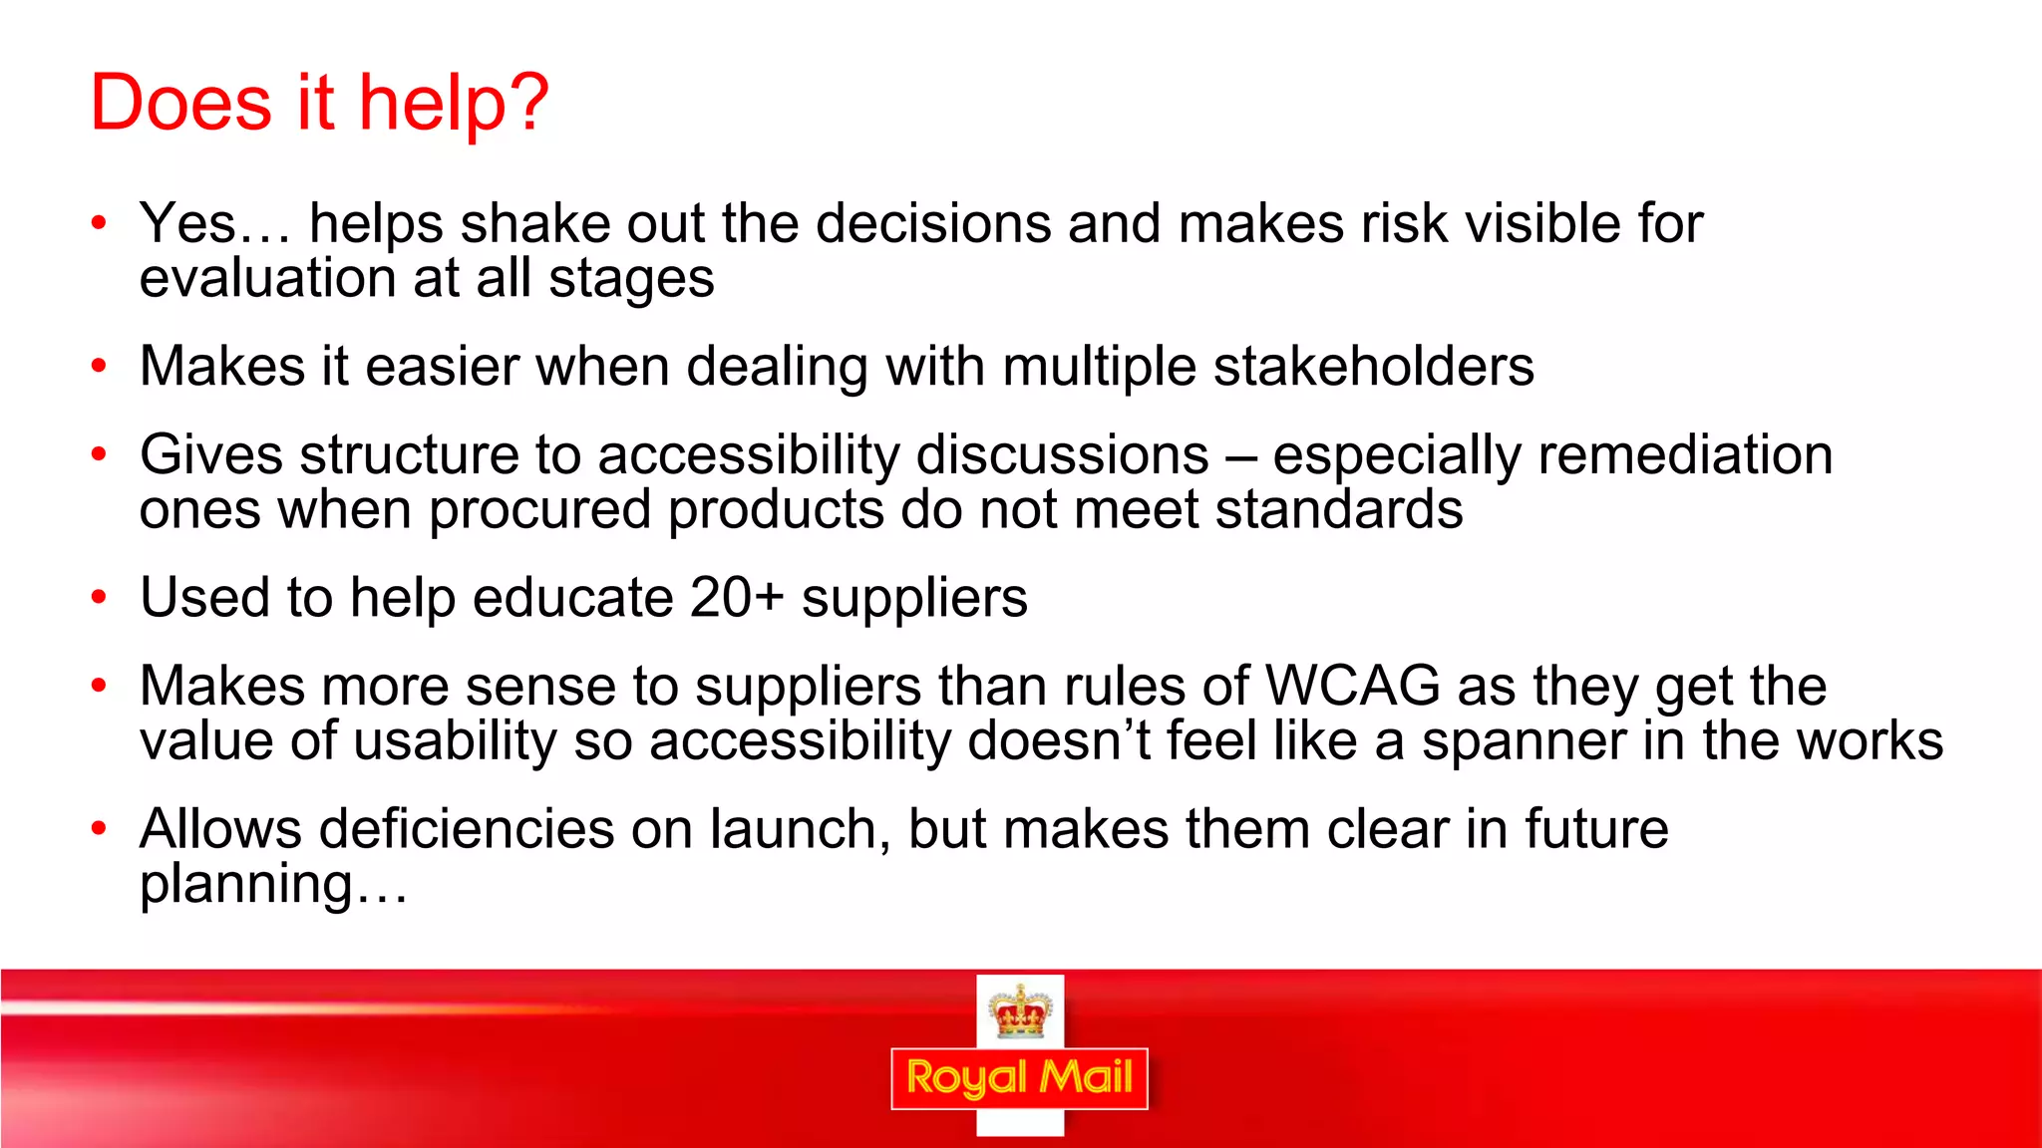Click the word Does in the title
(x=180, y=103)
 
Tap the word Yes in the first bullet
(x=187, y=223)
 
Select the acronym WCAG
(x=1352, y=687)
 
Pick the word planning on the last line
(x=246, y=885)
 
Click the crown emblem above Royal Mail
(x=1020, y=1010)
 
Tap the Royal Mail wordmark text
(x=1019, y=1078)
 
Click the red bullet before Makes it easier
(x=98, y=367)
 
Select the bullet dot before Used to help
(x=98, y=598)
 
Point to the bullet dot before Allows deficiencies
(x=98, y=829)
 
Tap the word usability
(x=455, y=741)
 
